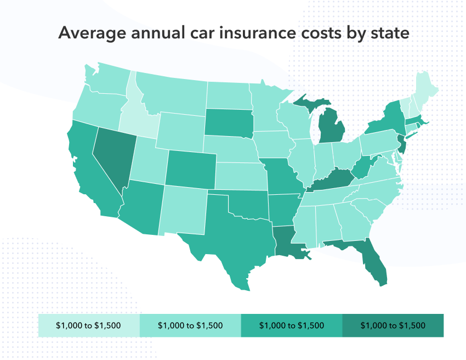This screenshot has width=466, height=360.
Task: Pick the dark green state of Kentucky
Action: pyautogui.click(x=332, y=181)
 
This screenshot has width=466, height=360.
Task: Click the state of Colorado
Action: pyautogui.click(x=189, y=167)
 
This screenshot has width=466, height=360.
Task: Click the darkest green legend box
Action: pyautogui.click(x=393, y=325)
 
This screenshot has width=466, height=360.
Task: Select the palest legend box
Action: pyautogui.click(x=89, y=325)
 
